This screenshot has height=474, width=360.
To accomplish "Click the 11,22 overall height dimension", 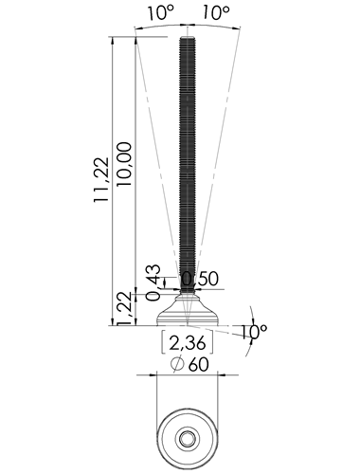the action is (101, 179).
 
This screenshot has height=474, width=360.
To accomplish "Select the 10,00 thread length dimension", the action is (124, 164).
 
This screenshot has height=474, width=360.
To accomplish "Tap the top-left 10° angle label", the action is (161, 13).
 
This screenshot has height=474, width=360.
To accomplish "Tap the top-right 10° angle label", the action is (216, 13).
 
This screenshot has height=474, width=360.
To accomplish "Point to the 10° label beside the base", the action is (255, 332).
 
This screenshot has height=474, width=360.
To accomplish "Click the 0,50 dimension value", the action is (200, 279).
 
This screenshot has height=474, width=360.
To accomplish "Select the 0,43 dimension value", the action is (153, 283).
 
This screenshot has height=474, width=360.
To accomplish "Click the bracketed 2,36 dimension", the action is (188, 342).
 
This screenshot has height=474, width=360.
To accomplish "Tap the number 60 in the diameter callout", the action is (199, 365).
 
